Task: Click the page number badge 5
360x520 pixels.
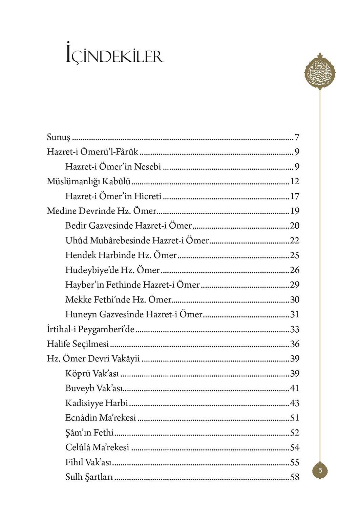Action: [320, 470]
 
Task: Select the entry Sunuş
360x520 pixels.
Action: [58, 138]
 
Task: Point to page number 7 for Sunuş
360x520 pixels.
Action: [297, 138]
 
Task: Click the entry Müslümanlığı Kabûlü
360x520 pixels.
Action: [88, 182]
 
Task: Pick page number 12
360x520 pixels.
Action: [295, 182]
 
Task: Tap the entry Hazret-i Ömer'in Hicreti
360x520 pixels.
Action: [113, 196]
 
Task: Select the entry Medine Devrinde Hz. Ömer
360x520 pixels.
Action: [101, 211]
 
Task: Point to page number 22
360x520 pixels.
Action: [295, 241]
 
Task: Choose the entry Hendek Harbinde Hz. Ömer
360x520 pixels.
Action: [121, 255]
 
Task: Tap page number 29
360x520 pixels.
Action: [295, 285]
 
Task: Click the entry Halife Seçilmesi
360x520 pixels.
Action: [78, 344]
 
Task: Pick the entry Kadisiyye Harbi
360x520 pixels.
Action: [97, 403]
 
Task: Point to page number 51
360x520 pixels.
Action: [295, 418]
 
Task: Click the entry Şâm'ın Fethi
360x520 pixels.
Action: [89, 433]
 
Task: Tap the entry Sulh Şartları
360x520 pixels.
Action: [89, 477]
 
